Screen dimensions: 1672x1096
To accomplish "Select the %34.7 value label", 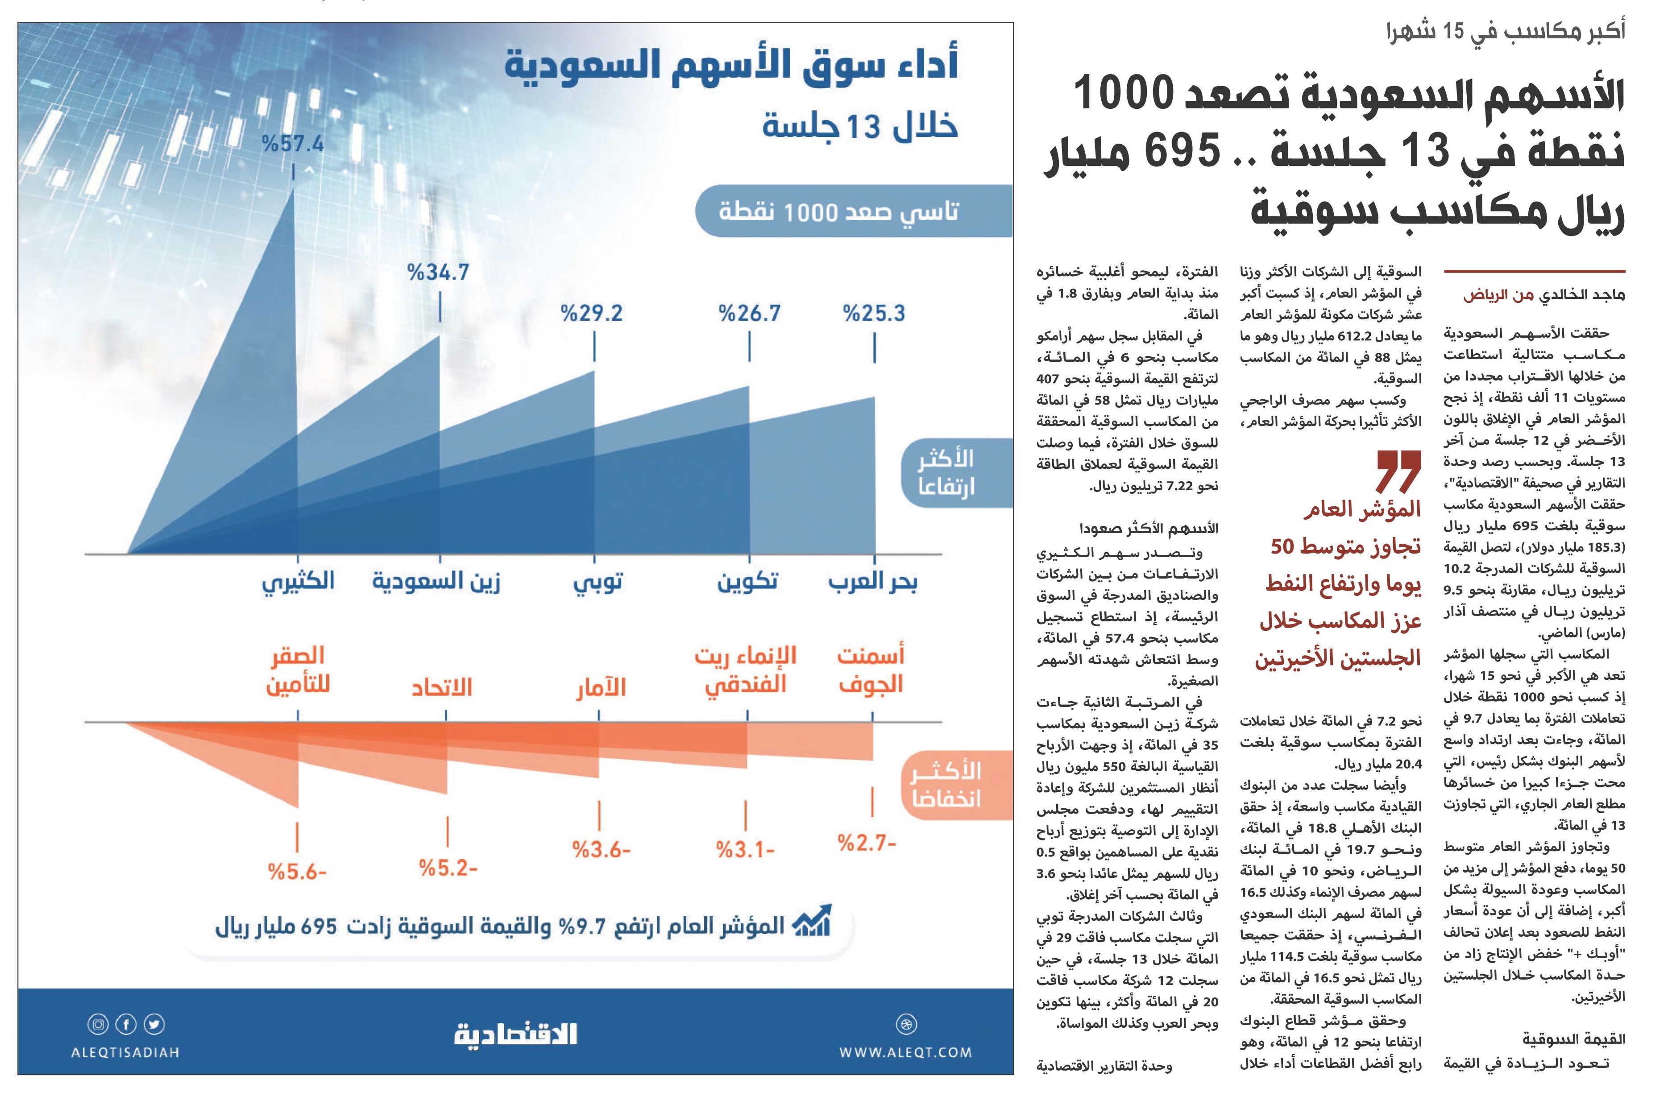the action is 438,273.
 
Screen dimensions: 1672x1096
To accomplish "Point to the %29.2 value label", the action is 592,313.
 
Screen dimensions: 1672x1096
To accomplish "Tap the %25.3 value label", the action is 874,313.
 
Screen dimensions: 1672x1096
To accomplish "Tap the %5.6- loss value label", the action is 297,872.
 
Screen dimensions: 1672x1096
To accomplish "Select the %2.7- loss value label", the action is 867,843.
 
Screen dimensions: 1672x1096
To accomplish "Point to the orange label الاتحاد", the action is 442,687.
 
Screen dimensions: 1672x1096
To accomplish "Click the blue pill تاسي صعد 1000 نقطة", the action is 854,211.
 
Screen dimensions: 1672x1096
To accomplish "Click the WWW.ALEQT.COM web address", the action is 905,1052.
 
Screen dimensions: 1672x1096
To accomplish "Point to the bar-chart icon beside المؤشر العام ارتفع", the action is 811,922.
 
